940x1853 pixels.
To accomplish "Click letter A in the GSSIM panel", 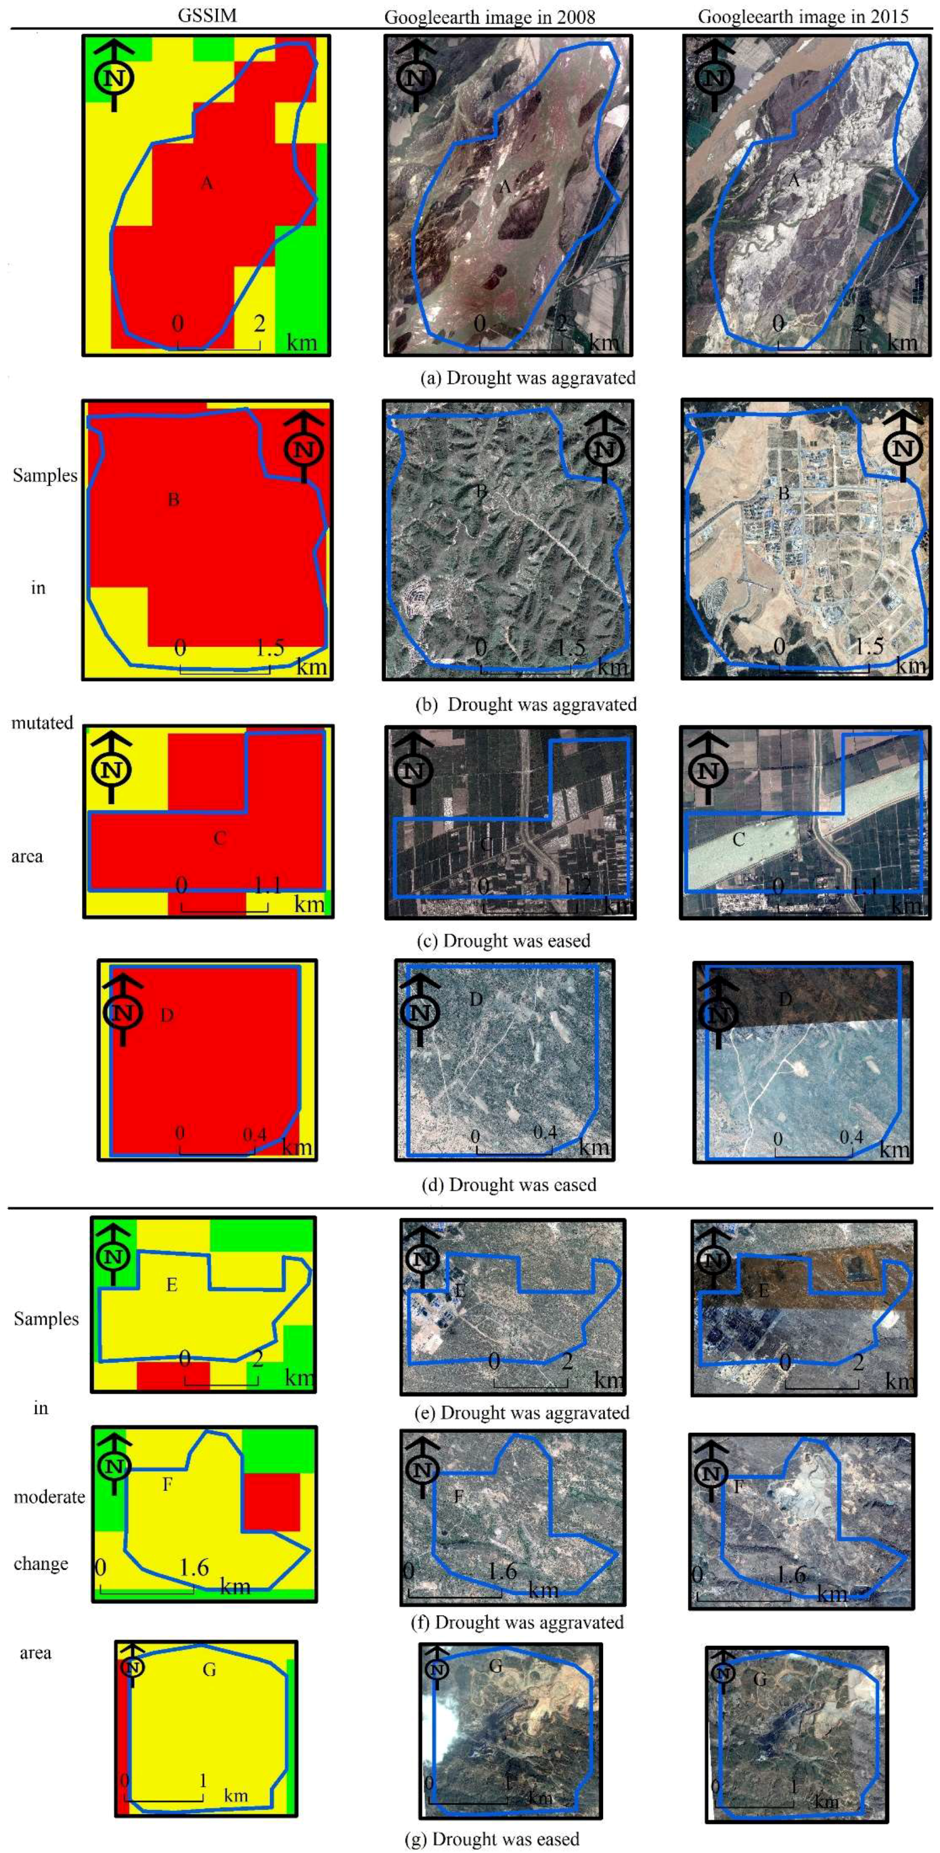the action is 207,184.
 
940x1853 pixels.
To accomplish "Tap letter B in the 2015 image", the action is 784,494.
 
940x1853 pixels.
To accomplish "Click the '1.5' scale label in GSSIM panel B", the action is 270,648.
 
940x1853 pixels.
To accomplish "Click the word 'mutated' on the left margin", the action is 42,723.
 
